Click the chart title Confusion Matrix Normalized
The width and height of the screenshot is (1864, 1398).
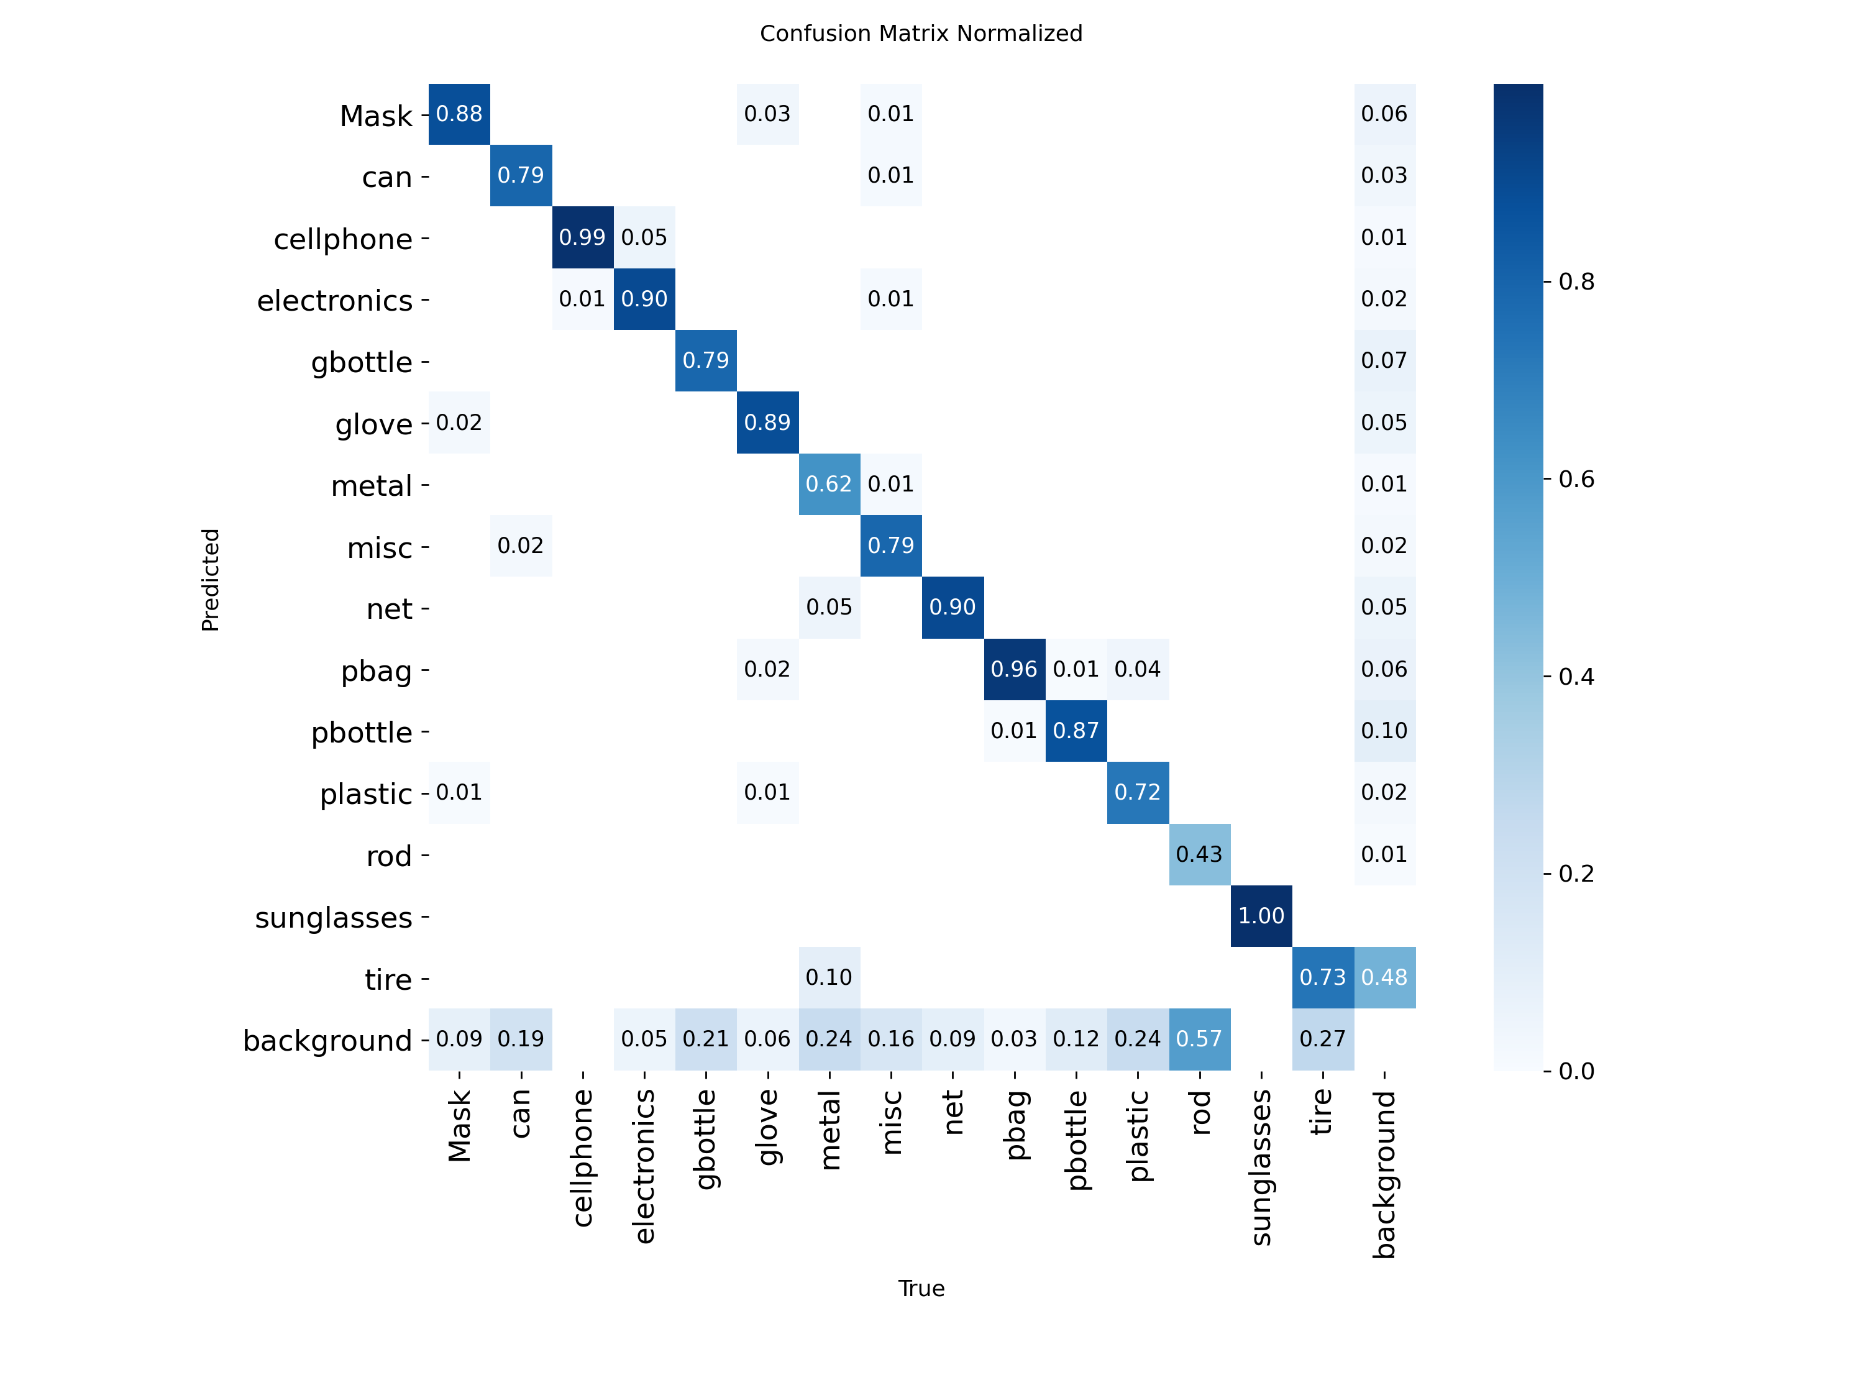(920, 34)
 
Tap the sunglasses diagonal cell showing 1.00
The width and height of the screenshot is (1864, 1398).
(1261, 916)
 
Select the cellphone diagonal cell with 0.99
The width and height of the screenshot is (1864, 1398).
(582, 237)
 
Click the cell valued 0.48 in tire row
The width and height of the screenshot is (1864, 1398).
(1384, 977)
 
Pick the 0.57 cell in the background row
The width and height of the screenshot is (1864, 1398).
(1199, 1039)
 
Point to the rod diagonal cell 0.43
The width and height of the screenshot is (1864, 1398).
(1199, 854)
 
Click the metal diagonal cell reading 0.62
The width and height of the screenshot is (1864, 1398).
(829, 485)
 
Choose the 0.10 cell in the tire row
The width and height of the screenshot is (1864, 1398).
(829, 977)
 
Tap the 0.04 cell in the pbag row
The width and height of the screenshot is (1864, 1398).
(1138, 669)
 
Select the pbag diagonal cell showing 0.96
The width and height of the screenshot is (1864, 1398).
(1014, 669)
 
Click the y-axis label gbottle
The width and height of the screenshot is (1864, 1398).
(362, 362)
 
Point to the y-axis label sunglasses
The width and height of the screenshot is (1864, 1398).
(334, 918)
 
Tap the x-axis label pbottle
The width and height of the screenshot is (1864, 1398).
(1076, 1140)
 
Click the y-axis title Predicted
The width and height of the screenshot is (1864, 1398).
(211, 580)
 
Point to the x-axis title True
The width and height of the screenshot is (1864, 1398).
(920, 1289)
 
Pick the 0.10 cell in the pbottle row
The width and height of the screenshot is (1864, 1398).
(1384, 731)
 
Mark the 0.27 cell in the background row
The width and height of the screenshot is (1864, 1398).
(1322, 1039)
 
